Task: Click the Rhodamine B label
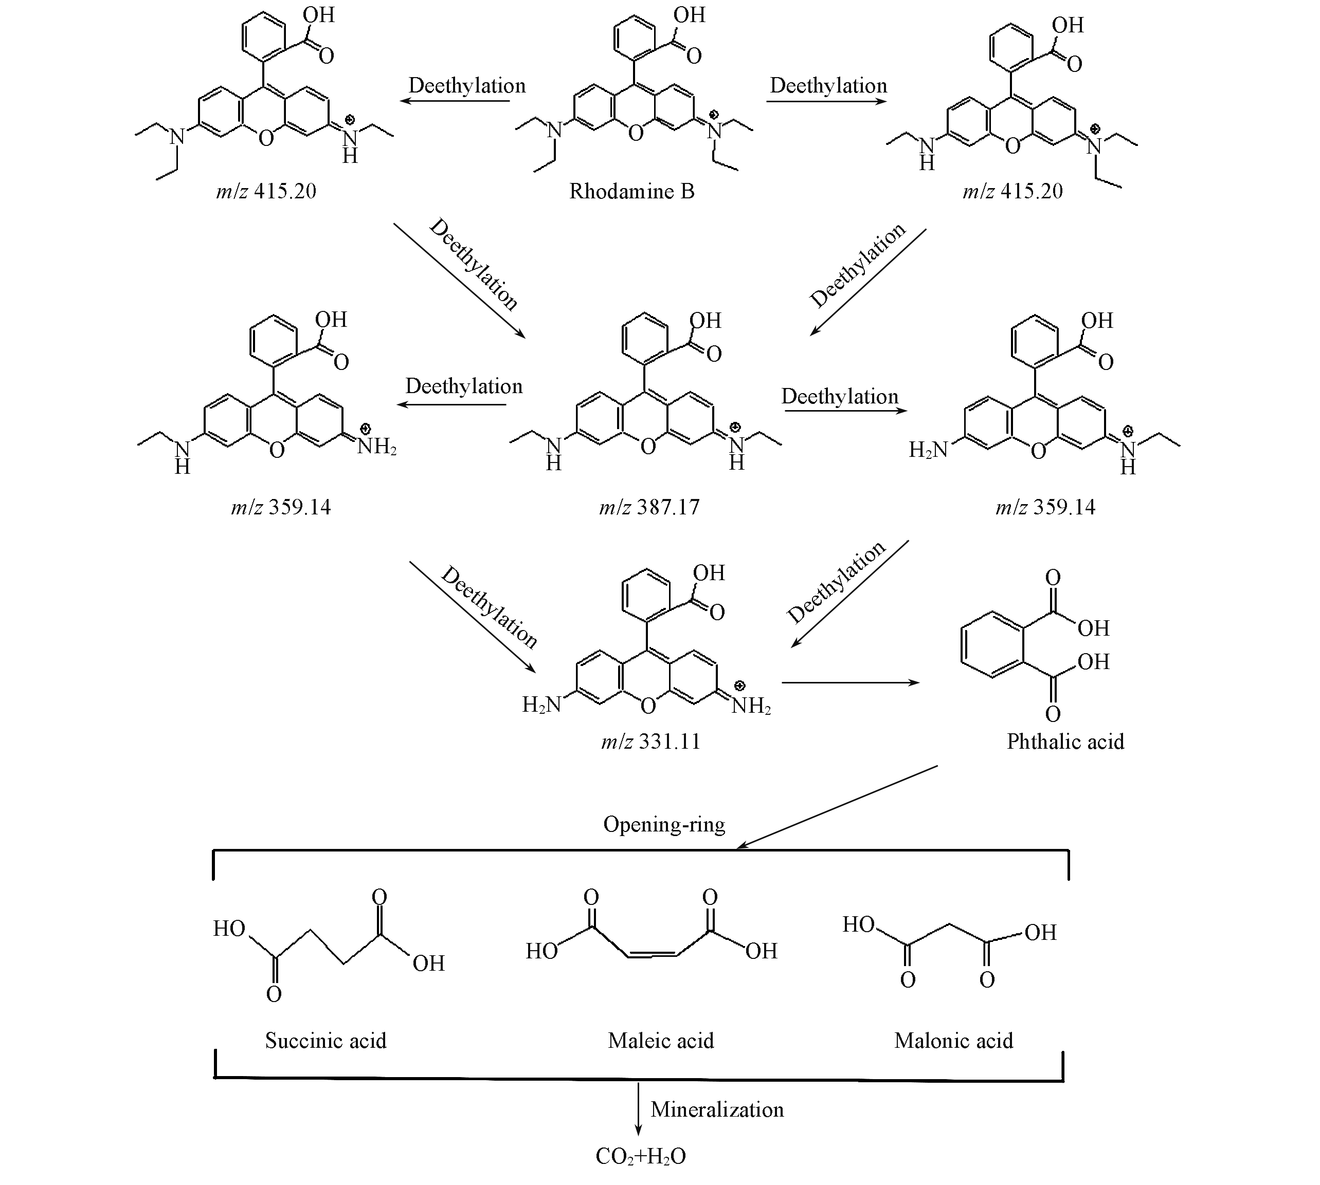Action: click(631, 192)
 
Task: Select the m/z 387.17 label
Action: click(649, 507)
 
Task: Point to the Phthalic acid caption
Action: click(1065, 742)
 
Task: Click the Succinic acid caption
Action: click(326, 1041)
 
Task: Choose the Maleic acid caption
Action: click(661, 1041)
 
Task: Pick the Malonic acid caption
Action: click(953, 1041)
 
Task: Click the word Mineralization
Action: click(717, 1109)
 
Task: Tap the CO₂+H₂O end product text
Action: click(640, 1156)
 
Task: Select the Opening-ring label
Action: click(664, 824)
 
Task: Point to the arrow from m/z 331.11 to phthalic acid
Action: click(850, 682)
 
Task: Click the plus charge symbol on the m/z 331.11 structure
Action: click(740, 686)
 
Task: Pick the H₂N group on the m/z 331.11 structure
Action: click(541, 705)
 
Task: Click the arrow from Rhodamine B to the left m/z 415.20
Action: click(454, 101)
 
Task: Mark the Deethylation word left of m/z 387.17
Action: click(464, 386)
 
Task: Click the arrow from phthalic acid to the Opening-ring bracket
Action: click(837, 807)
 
